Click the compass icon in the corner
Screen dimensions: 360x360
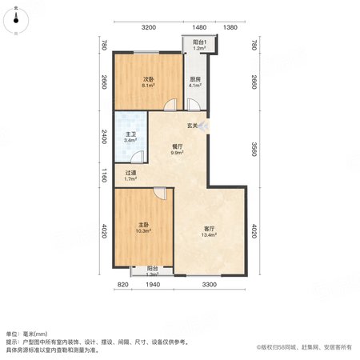(16, 21)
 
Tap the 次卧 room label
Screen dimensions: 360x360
(149, 79)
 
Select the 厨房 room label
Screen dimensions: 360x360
(195, 79)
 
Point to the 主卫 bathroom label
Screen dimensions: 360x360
(130, 134)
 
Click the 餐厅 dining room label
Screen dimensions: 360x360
(178, 146)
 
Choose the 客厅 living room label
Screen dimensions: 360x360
(209, 229)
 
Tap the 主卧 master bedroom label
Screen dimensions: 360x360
(143, 225)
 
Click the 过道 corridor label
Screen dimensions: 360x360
(130, 173)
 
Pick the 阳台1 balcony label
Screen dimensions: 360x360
(200, 42)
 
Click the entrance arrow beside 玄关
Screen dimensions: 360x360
(202, 126)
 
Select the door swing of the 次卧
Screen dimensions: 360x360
(170, 105)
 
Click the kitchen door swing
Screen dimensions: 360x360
(194, 105)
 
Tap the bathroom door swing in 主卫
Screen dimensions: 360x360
(138, 157)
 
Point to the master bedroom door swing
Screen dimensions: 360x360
(160, 193)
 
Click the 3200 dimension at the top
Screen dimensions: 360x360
(149, 27)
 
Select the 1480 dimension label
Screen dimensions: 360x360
(199, 27)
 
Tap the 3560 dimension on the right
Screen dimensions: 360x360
(254, 150)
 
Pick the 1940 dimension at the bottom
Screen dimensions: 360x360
(153, 285)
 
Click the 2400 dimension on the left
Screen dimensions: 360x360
(104, 137)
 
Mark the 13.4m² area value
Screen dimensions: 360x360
(209, 234)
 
